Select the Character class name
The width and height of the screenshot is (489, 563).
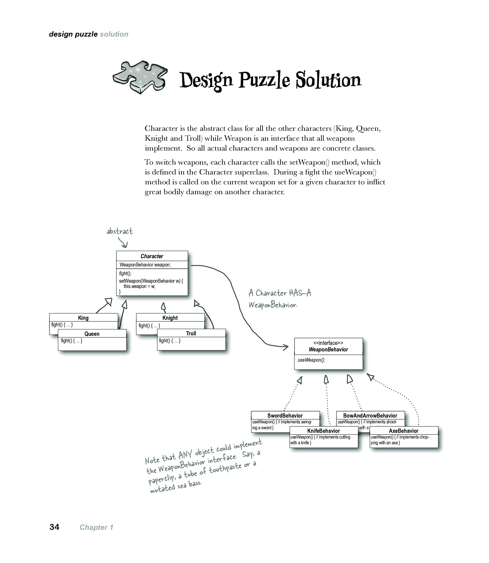pyautogui.click(x=152, y=256)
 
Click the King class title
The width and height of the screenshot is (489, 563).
pyautogui.click(x=83, y=318)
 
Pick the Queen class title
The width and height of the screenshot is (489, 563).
pyautogui.click(x=92, y=334)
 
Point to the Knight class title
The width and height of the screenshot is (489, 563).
pyautogui.click(x=170, y=318)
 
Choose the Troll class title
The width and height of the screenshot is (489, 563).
pyautogui.click(x=191, y=333)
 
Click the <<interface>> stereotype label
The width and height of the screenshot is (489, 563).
pyautogui.click(x=328, y=343)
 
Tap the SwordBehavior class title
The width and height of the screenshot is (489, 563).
pyautogui.click(x=285, y=415)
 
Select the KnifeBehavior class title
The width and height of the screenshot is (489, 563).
pyautogui.click(x=323, y=431)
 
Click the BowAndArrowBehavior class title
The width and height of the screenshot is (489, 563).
pyautogui.click(x=370, y=415)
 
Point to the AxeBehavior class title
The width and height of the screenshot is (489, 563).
pyautogui.click(x=404, y=431)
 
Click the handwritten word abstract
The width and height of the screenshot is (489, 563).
pyautogui.click(x=120, y=231)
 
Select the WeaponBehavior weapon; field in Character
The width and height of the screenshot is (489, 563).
pyautogui.click(x=145, y=265)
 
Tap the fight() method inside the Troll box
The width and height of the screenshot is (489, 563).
pyautogui.click(x=170, y=341)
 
